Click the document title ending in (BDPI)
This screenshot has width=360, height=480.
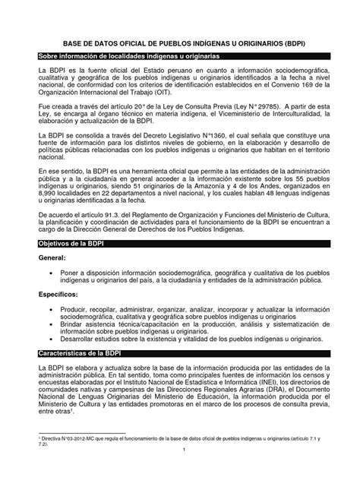[180, 44]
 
